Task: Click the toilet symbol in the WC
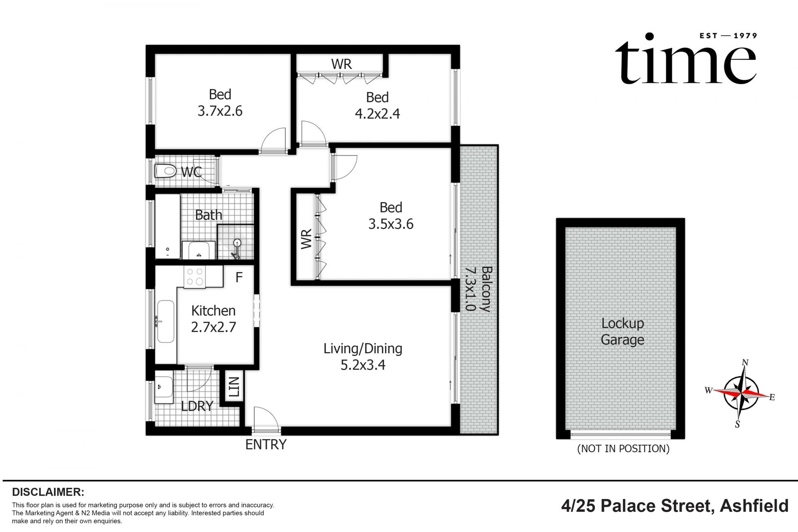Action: coord(165,171)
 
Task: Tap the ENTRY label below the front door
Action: coord(266,444)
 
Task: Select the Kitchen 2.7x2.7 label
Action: coord(213,319)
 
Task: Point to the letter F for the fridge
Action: coord(239,277)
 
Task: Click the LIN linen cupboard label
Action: coord(234,387)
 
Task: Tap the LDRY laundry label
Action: coord(197,406)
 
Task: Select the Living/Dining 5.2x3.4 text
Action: coord(363,356)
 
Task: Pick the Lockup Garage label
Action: coord(622,331)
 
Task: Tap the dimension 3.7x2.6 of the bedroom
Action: coord(220,111)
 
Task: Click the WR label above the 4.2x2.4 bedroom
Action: coord(341,64)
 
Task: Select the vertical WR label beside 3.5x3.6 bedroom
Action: coord(306,239)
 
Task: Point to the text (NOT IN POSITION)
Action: coord(623,448)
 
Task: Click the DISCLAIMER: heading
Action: coord(48,492)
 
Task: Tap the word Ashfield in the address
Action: coord(754,506)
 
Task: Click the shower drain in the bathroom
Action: coord(237,242)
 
